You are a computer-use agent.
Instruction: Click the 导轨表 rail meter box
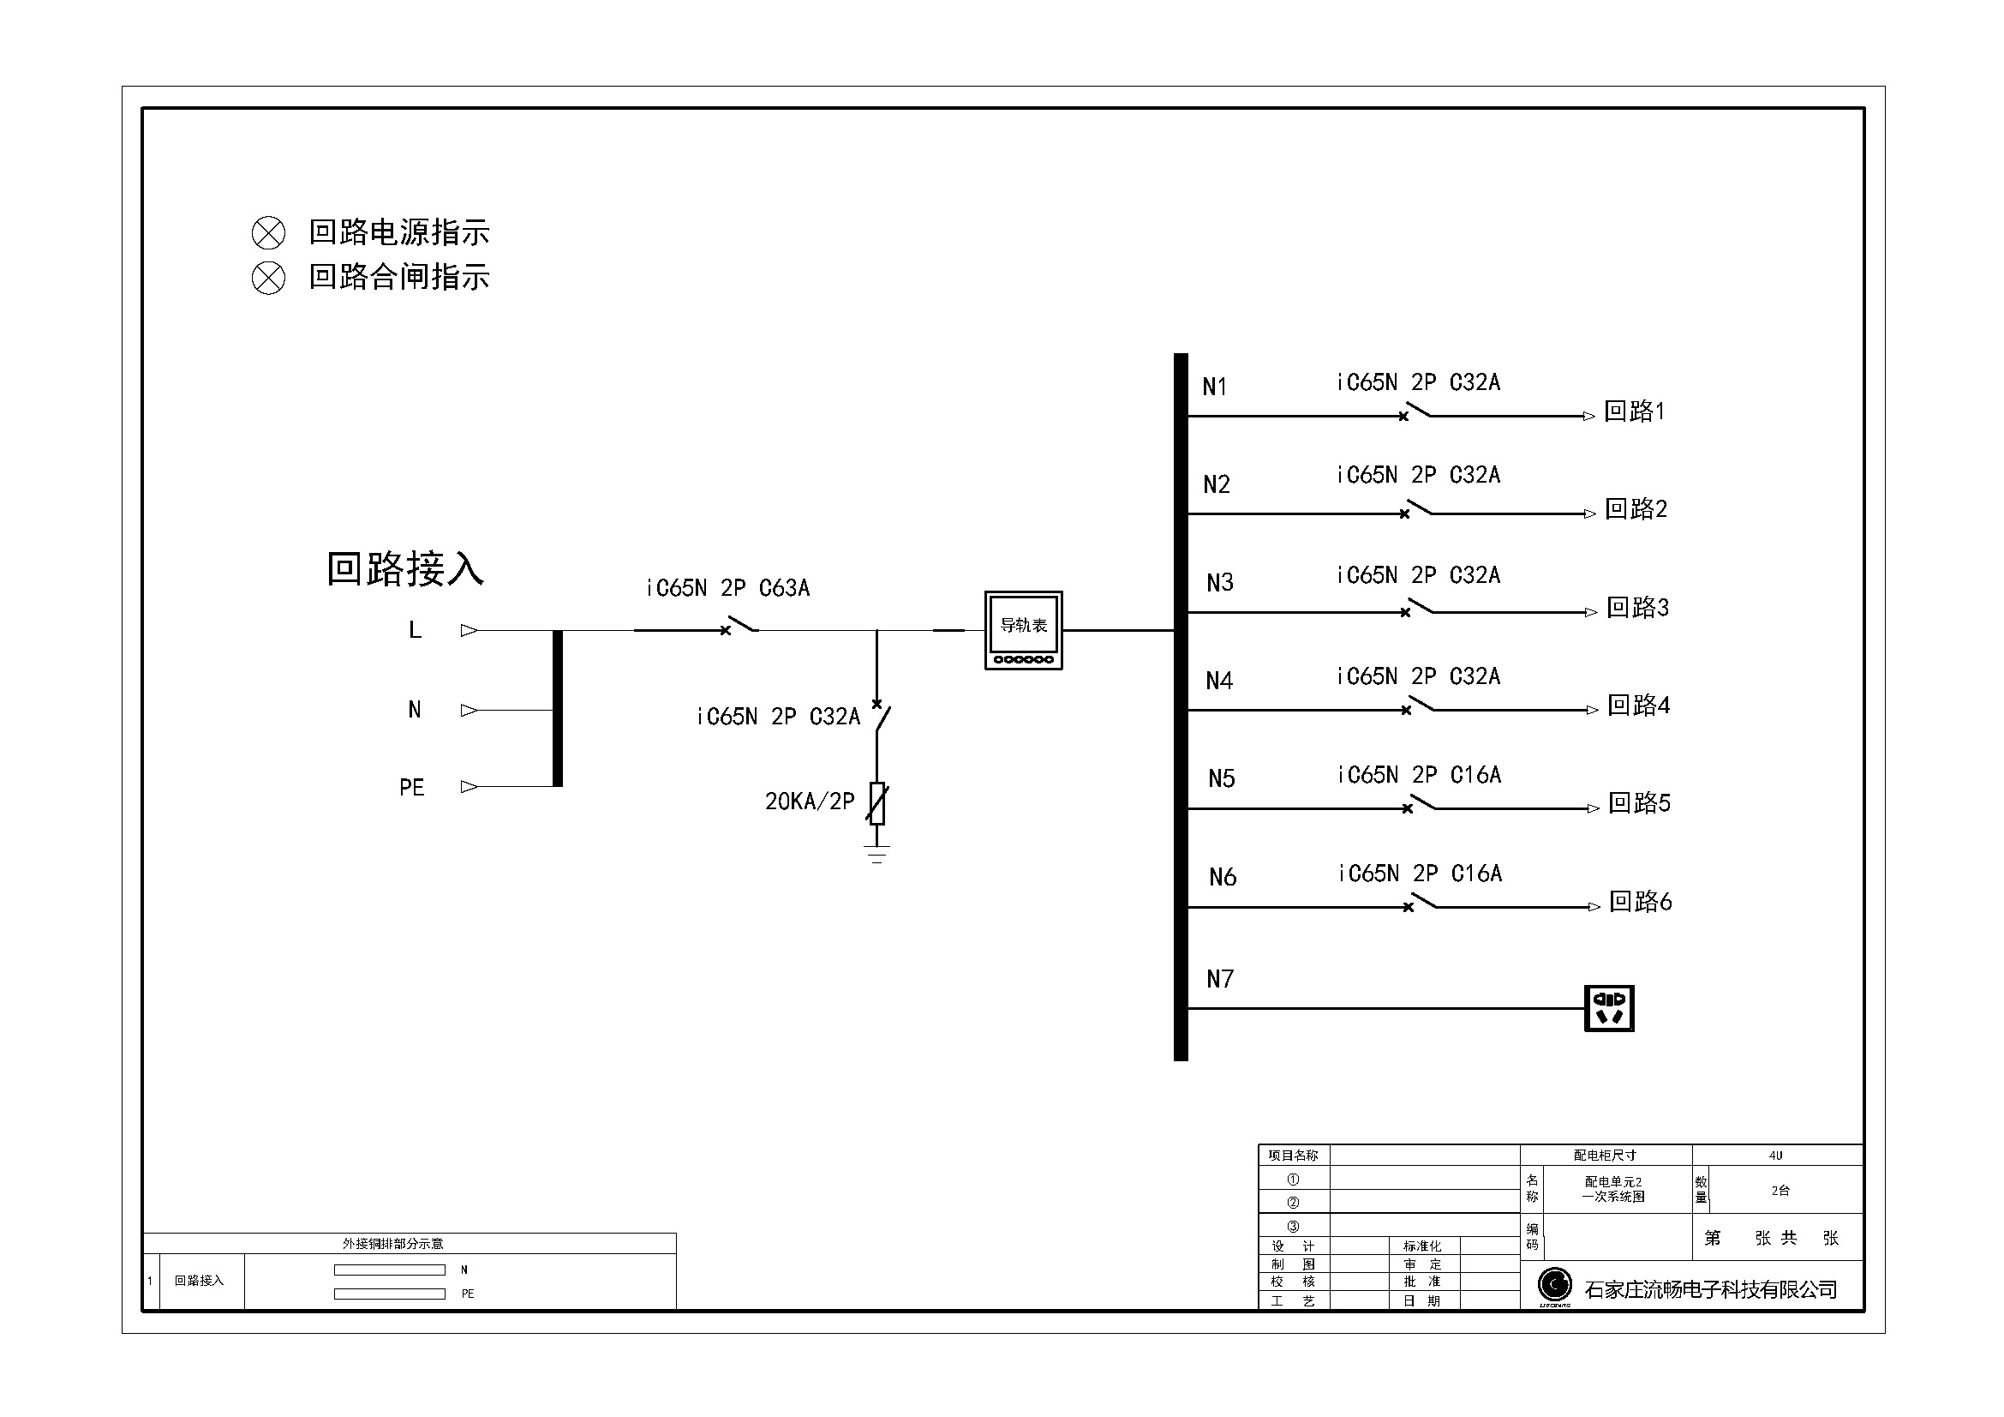coord(1023,630)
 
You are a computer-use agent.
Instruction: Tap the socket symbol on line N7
coord(1609,1008)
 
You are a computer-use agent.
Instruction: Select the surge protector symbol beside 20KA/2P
coord(877,803)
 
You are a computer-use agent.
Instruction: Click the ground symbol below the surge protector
coord(877,853)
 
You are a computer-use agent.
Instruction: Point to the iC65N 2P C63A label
coord(728,588)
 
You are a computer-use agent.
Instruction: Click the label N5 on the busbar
coord(1221,778)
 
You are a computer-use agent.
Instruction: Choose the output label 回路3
coord(1637,607)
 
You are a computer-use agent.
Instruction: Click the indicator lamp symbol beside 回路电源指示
coord(269,233)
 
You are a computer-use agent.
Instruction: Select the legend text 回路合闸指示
coord(400,277)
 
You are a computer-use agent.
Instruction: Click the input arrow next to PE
coord(470,787)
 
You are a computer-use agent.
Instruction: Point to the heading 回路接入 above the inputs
coord(405,568)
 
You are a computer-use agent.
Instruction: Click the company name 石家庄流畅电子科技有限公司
coord(1711,1289)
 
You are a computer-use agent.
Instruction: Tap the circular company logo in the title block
coord(1554,1284)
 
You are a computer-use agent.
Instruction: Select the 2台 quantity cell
coord(1780,1190)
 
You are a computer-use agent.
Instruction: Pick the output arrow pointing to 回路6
coord(1593,907)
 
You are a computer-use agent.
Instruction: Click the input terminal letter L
coord(416,629)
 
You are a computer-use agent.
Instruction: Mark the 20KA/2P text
coord(810,802)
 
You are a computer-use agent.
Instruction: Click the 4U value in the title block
coord(1775,1155)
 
